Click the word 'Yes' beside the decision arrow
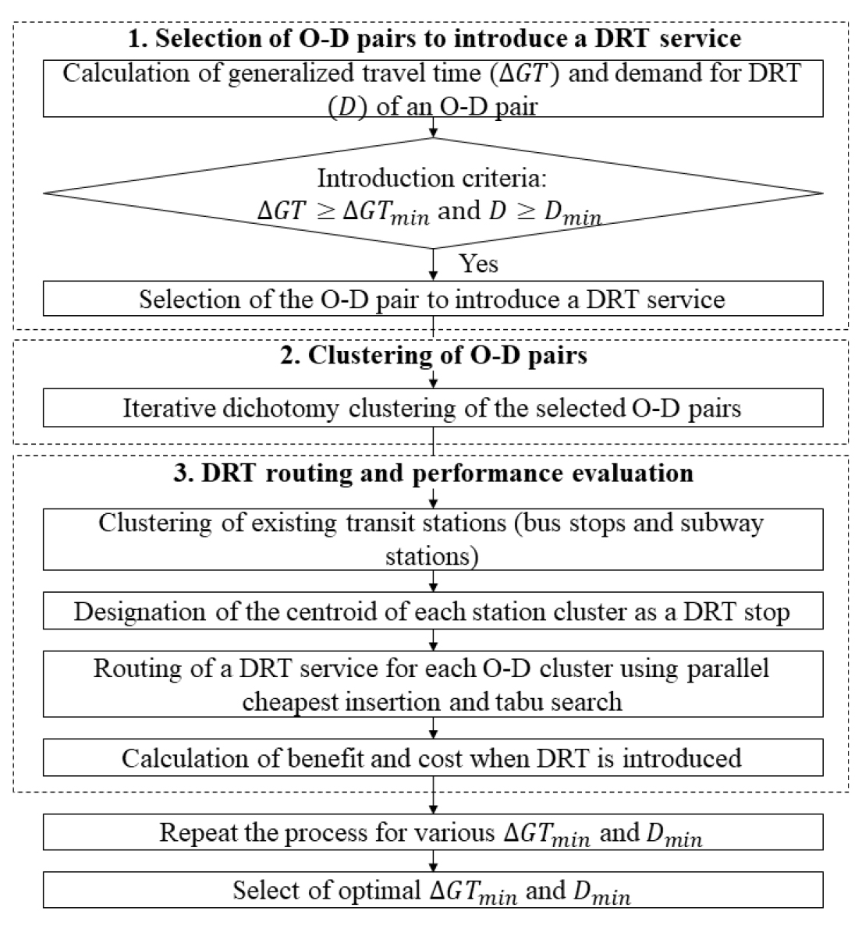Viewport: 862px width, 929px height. pyautogui.click(x=479, y=264)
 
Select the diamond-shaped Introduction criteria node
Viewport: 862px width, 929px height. pyautogui.click(x=433, y=193)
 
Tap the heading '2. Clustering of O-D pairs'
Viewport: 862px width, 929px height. pyautogui.click(x=434, y=356)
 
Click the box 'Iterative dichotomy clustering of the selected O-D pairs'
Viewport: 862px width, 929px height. pyautogui.click(x=433, y=408)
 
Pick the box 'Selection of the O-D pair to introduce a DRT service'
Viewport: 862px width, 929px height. pyautogui.click(x=433, y=299)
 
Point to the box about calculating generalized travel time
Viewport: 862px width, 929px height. pyautogui.click(x=433, y=88)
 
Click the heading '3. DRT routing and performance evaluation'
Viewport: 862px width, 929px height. pyautogui.click(x=434, y=473)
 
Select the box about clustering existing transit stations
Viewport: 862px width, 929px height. pyautogui.click(x=433, y=539)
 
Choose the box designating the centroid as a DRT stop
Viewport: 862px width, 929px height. pyautogui.click(x=433, y=610)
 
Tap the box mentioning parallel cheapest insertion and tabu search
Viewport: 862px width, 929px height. pyautogui.click(x=433, y=684)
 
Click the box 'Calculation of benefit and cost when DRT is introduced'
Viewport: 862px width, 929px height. pyautogui.click(x=433, y=757)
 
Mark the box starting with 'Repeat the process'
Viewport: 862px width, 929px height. pyautogui.click(x=433, y=831)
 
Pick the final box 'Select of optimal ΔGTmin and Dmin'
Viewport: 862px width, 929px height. pyautogui.click(x=433, y=889)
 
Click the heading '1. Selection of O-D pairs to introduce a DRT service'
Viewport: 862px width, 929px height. pyautogui.click(x=435, y=38)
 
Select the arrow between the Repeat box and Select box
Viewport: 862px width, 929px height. pyautogui.click(x=433, y=861)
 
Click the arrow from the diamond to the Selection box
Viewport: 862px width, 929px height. pyautogui.click(x=433, y=265)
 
